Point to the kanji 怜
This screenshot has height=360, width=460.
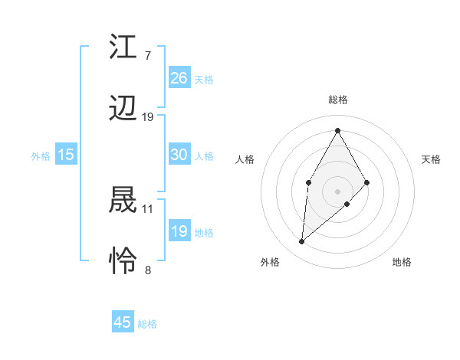[x=123, y=261]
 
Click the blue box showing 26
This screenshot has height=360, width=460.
[x=179, y=77]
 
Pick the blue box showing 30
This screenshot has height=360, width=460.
[x=179, y=155]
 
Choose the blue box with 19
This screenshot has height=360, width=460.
[x=179, y=231]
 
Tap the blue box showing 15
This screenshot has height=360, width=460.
[x=66, y=155]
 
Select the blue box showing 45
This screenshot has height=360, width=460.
[x=123, y=322]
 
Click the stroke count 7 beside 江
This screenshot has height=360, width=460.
[x=147, y=55]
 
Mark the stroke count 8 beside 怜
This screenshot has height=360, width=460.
[x=147, y=270]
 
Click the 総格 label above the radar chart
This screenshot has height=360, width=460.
[x=337, y=100]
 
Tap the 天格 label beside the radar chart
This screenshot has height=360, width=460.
[x=431, y=159]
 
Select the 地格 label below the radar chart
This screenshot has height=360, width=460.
[x=402, y=262]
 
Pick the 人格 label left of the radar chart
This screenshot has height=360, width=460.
[x=245, y=159]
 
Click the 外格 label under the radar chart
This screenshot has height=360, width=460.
[x=270, y=262]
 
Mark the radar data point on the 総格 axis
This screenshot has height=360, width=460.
[x=337, y=130]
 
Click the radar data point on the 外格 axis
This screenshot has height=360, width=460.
[x=302, y=242]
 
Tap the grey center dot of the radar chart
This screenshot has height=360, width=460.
[x=337, y=191]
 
